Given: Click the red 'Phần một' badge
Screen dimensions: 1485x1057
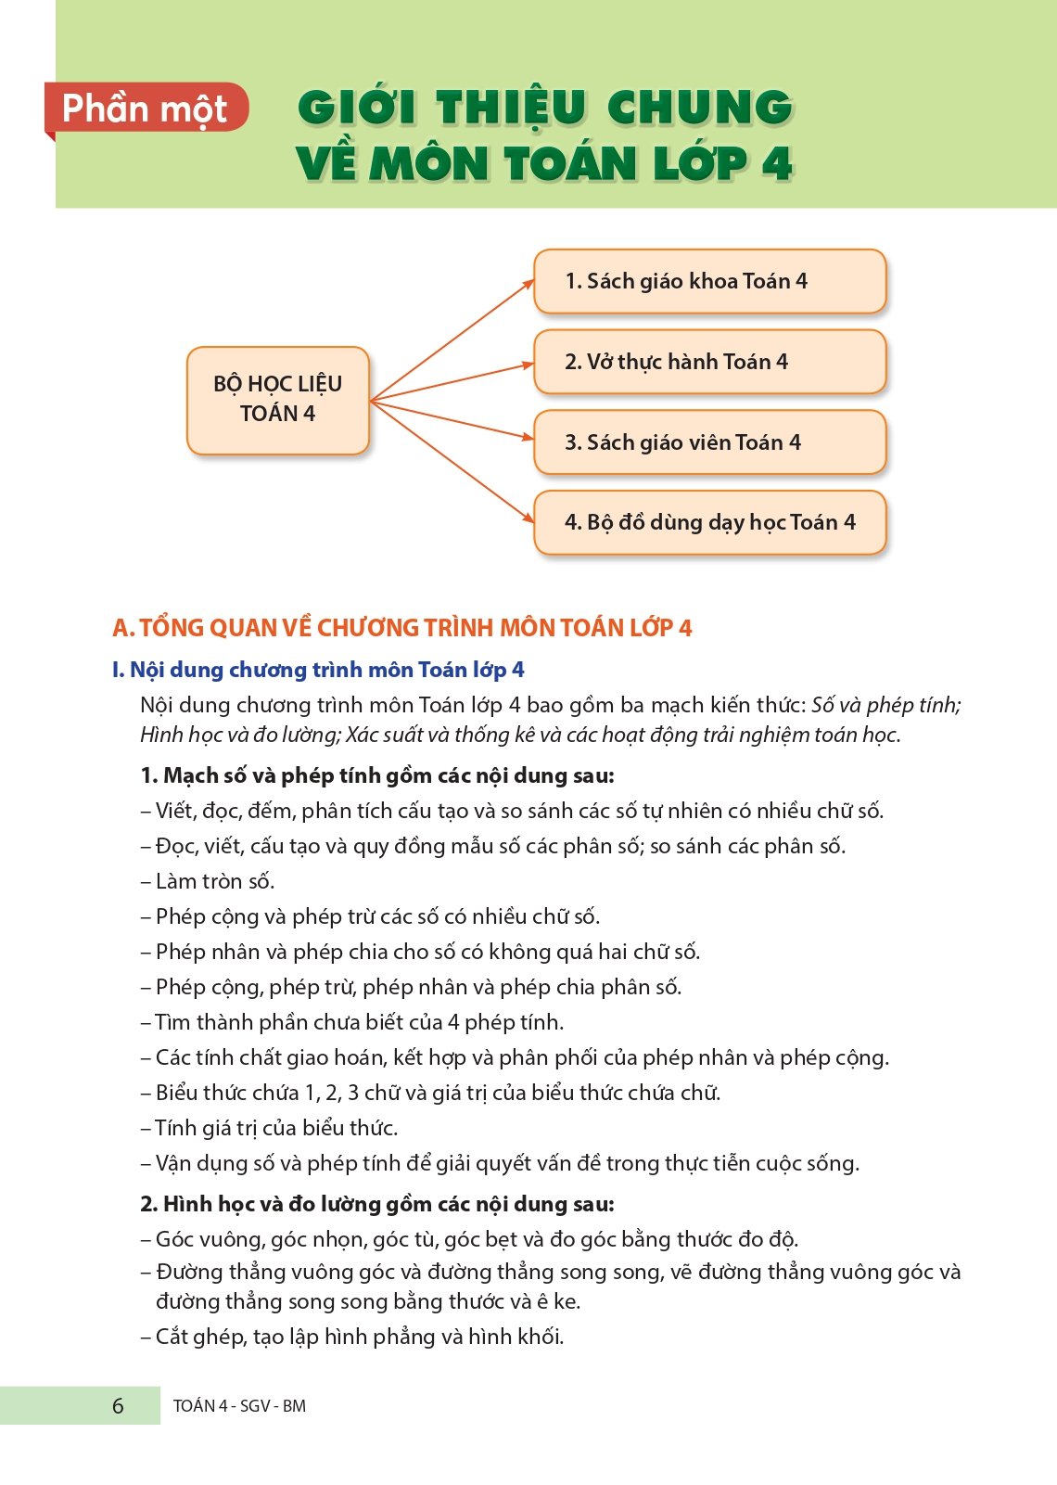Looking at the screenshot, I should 146,109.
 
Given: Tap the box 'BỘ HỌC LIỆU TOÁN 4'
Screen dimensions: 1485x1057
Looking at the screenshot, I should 278,400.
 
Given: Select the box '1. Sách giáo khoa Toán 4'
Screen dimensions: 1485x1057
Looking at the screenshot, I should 709,281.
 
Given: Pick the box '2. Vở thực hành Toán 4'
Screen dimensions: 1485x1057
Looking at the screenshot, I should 709,362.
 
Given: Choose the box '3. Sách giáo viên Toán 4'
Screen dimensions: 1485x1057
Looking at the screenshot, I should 709,442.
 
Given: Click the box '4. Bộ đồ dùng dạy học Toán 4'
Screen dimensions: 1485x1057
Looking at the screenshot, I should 709,522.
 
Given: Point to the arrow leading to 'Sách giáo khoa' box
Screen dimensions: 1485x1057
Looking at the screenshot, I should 453,339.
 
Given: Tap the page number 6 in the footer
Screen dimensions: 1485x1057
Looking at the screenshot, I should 118,1406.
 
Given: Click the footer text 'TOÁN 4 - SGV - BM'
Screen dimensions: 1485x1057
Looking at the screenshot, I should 239,1406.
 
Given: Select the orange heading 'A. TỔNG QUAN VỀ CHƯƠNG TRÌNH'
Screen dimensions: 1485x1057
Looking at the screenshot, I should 401,628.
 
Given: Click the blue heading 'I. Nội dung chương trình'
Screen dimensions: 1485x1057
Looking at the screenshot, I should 318,670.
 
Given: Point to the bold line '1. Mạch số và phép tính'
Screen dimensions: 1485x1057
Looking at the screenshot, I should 376,775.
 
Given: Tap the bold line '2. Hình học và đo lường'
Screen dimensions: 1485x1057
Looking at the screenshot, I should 376,1204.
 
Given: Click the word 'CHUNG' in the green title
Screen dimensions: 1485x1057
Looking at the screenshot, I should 700,108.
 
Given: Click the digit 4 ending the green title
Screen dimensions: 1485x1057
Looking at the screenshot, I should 777,164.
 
